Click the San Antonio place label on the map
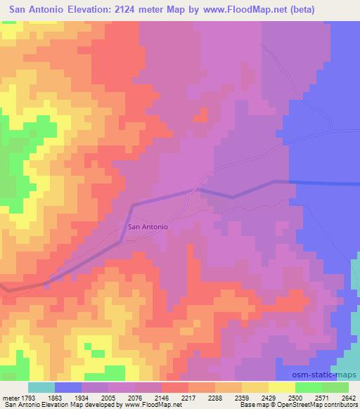tap(148, 227)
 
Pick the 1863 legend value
tap(67, 397)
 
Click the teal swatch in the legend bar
tap(41, 387)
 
